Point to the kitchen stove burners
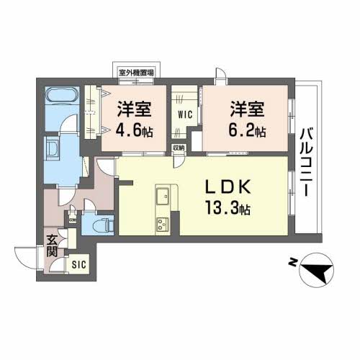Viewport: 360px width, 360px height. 162,222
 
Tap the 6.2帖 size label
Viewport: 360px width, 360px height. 248,132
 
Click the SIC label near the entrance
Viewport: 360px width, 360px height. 78,264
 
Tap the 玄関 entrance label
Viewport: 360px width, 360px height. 53,246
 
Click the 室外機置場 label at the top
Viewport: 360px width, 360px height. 140,72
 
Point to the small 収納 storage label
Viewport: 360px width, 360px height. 178,148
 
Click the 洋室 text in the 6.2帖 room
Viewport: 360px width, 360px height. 248,109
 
